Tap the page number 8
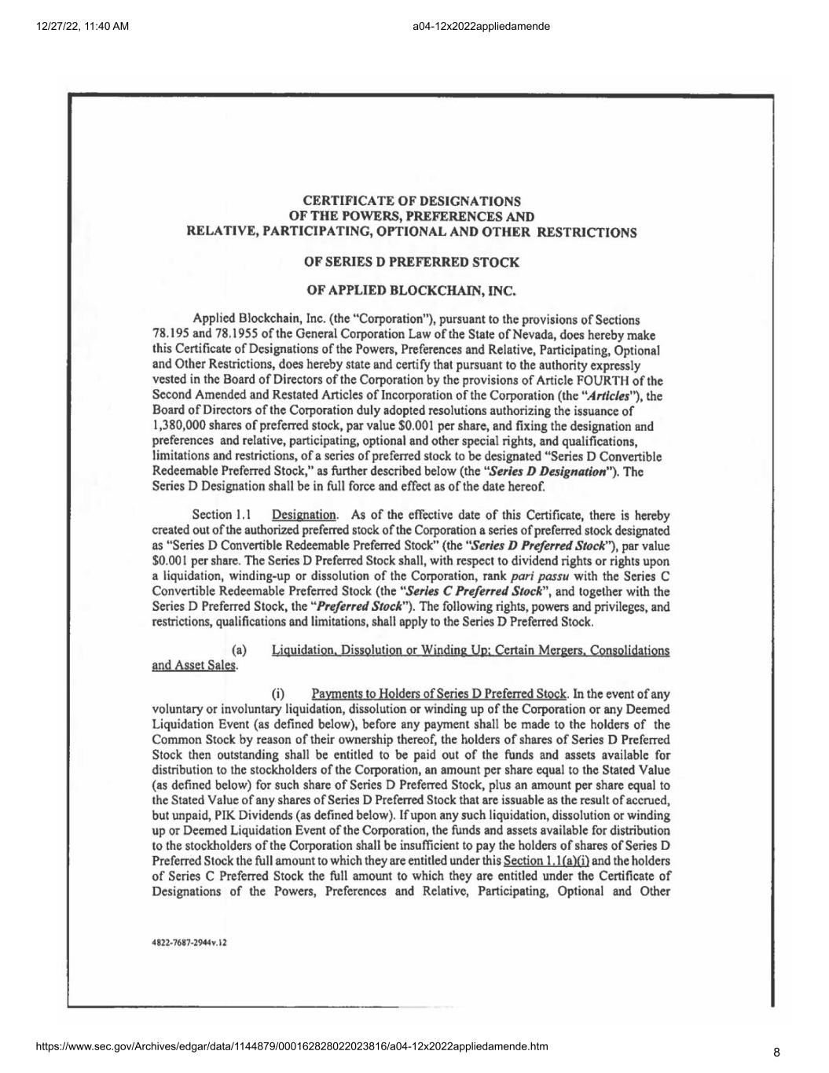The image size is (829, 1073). tap(776, 1053)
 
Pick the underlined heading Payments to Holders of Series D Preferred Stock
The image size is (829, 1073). tap(438, 694)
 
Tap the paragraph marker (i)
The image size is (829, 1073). tap(277, 694)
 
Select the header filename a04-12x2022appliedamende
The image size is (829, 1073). tap(480, 26)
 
